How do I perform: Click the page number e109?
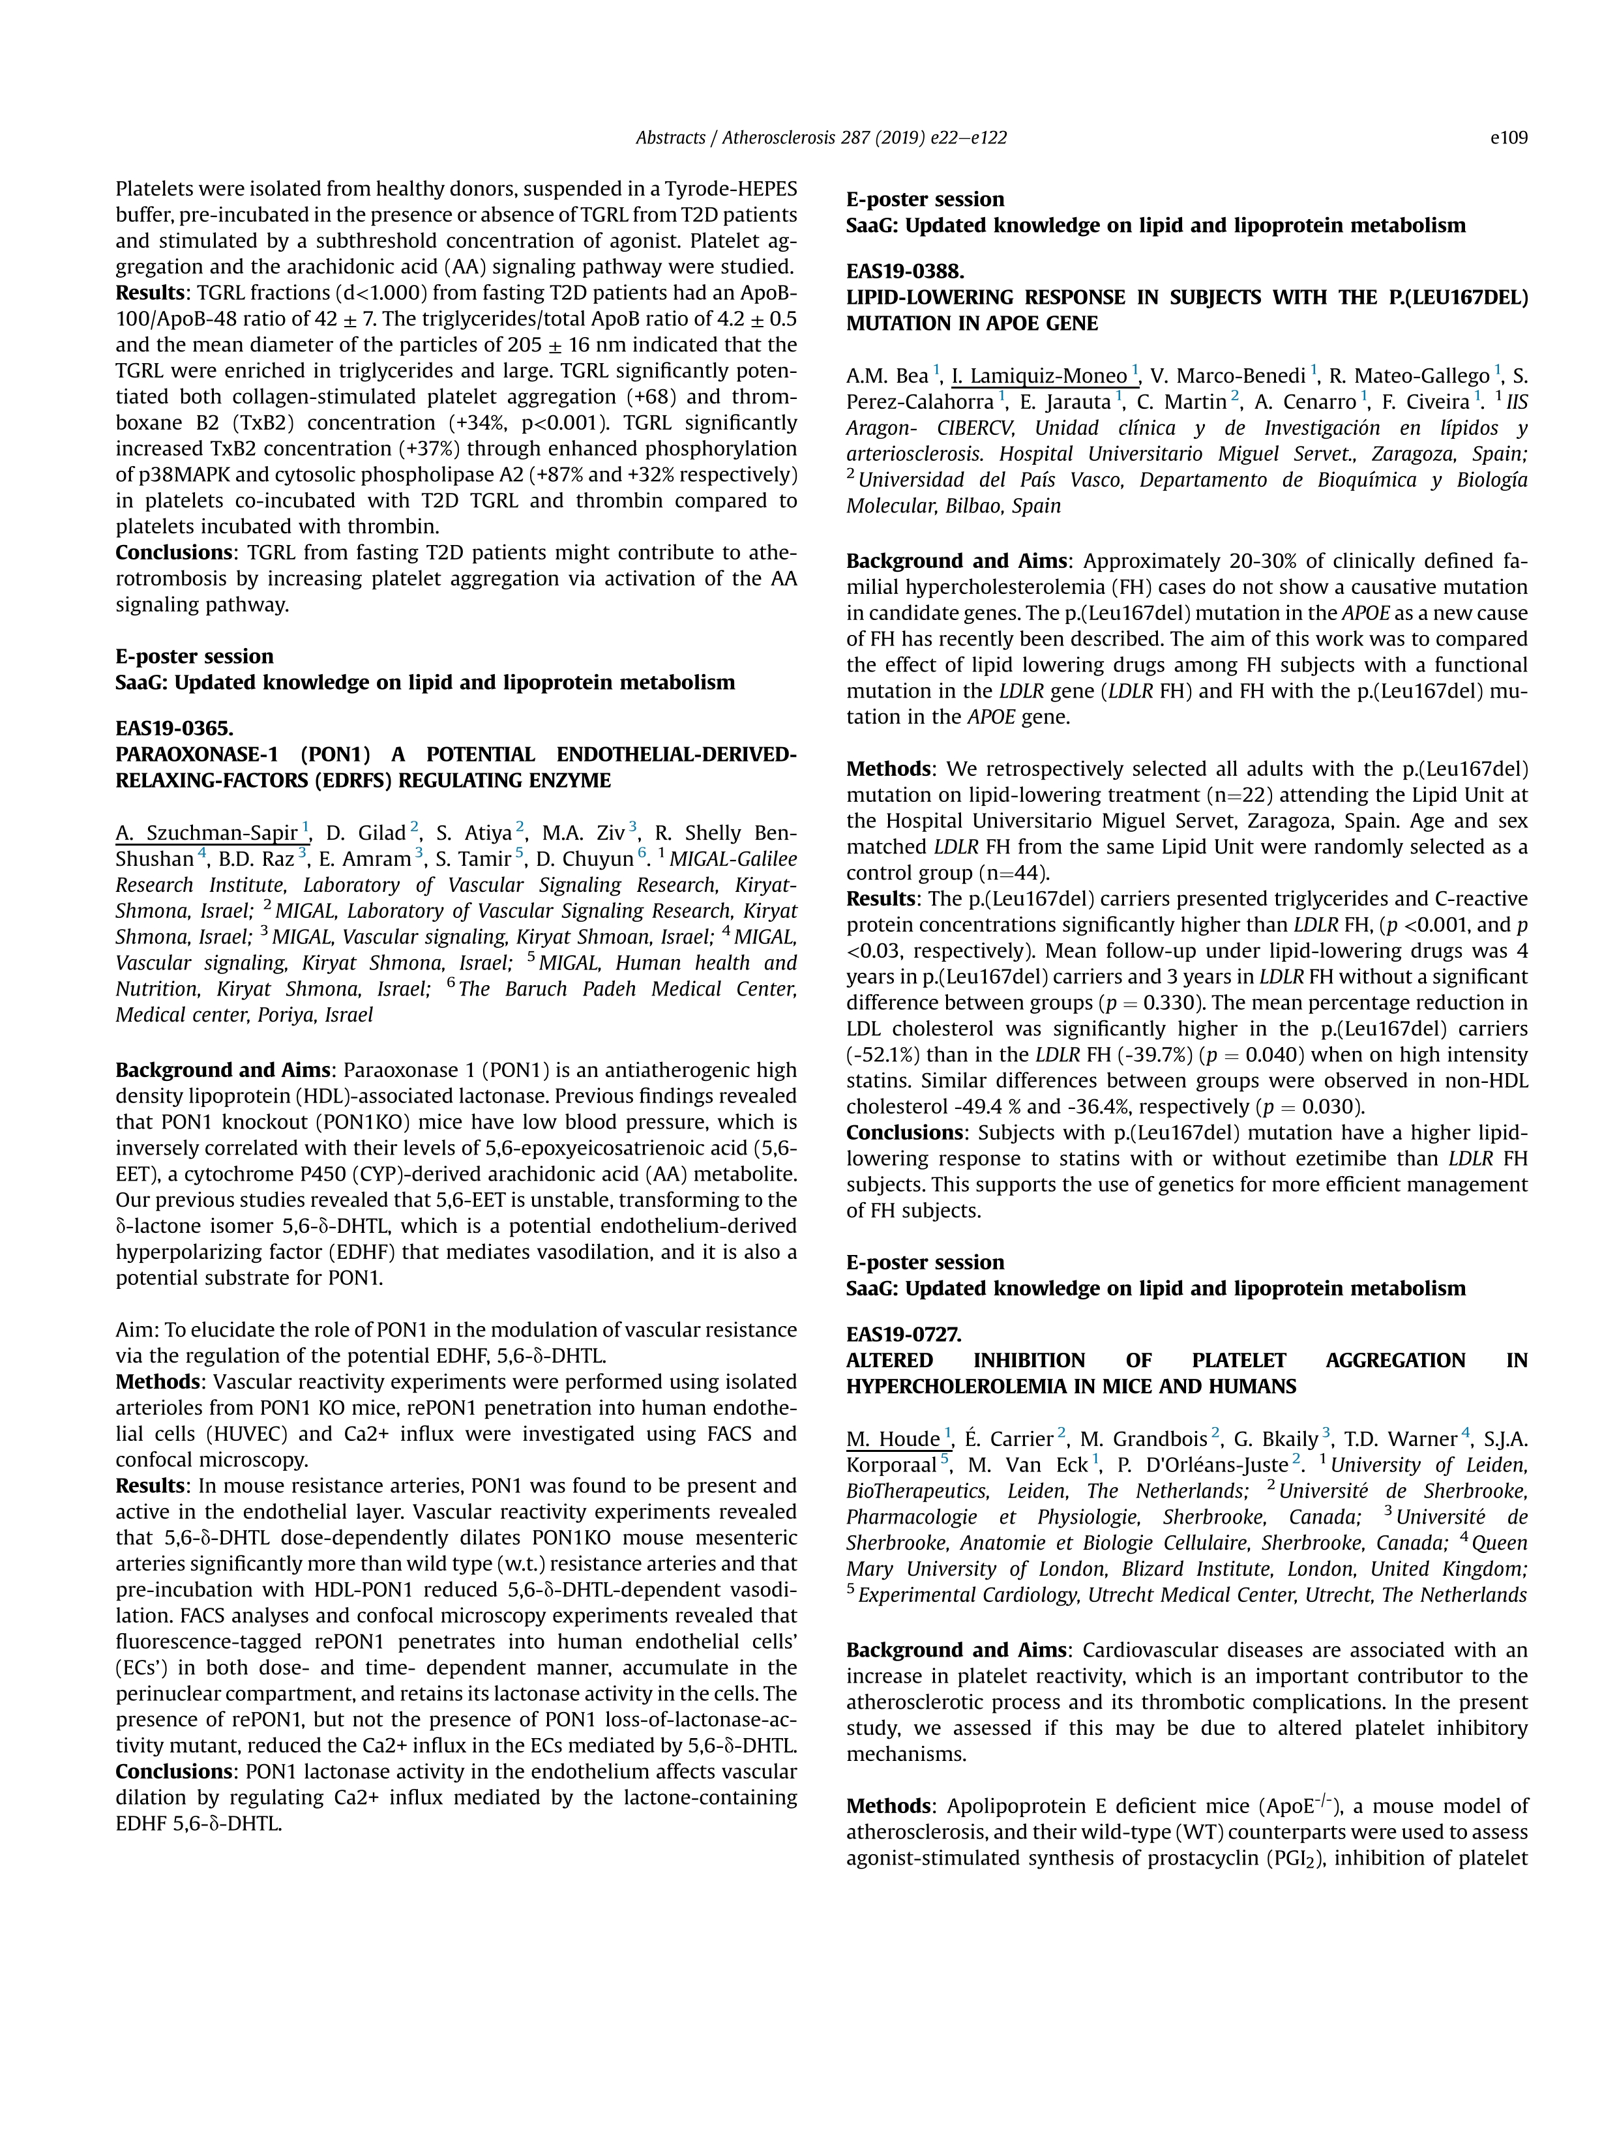point(1508,138)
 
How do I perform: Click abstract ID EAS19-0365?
point(175,728)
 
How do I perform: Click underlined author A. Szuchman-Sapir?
point(207,833)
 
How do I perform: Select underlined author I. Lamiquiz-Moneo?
point(1039,376)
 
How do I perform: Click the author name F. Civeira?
point(1425,402)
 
